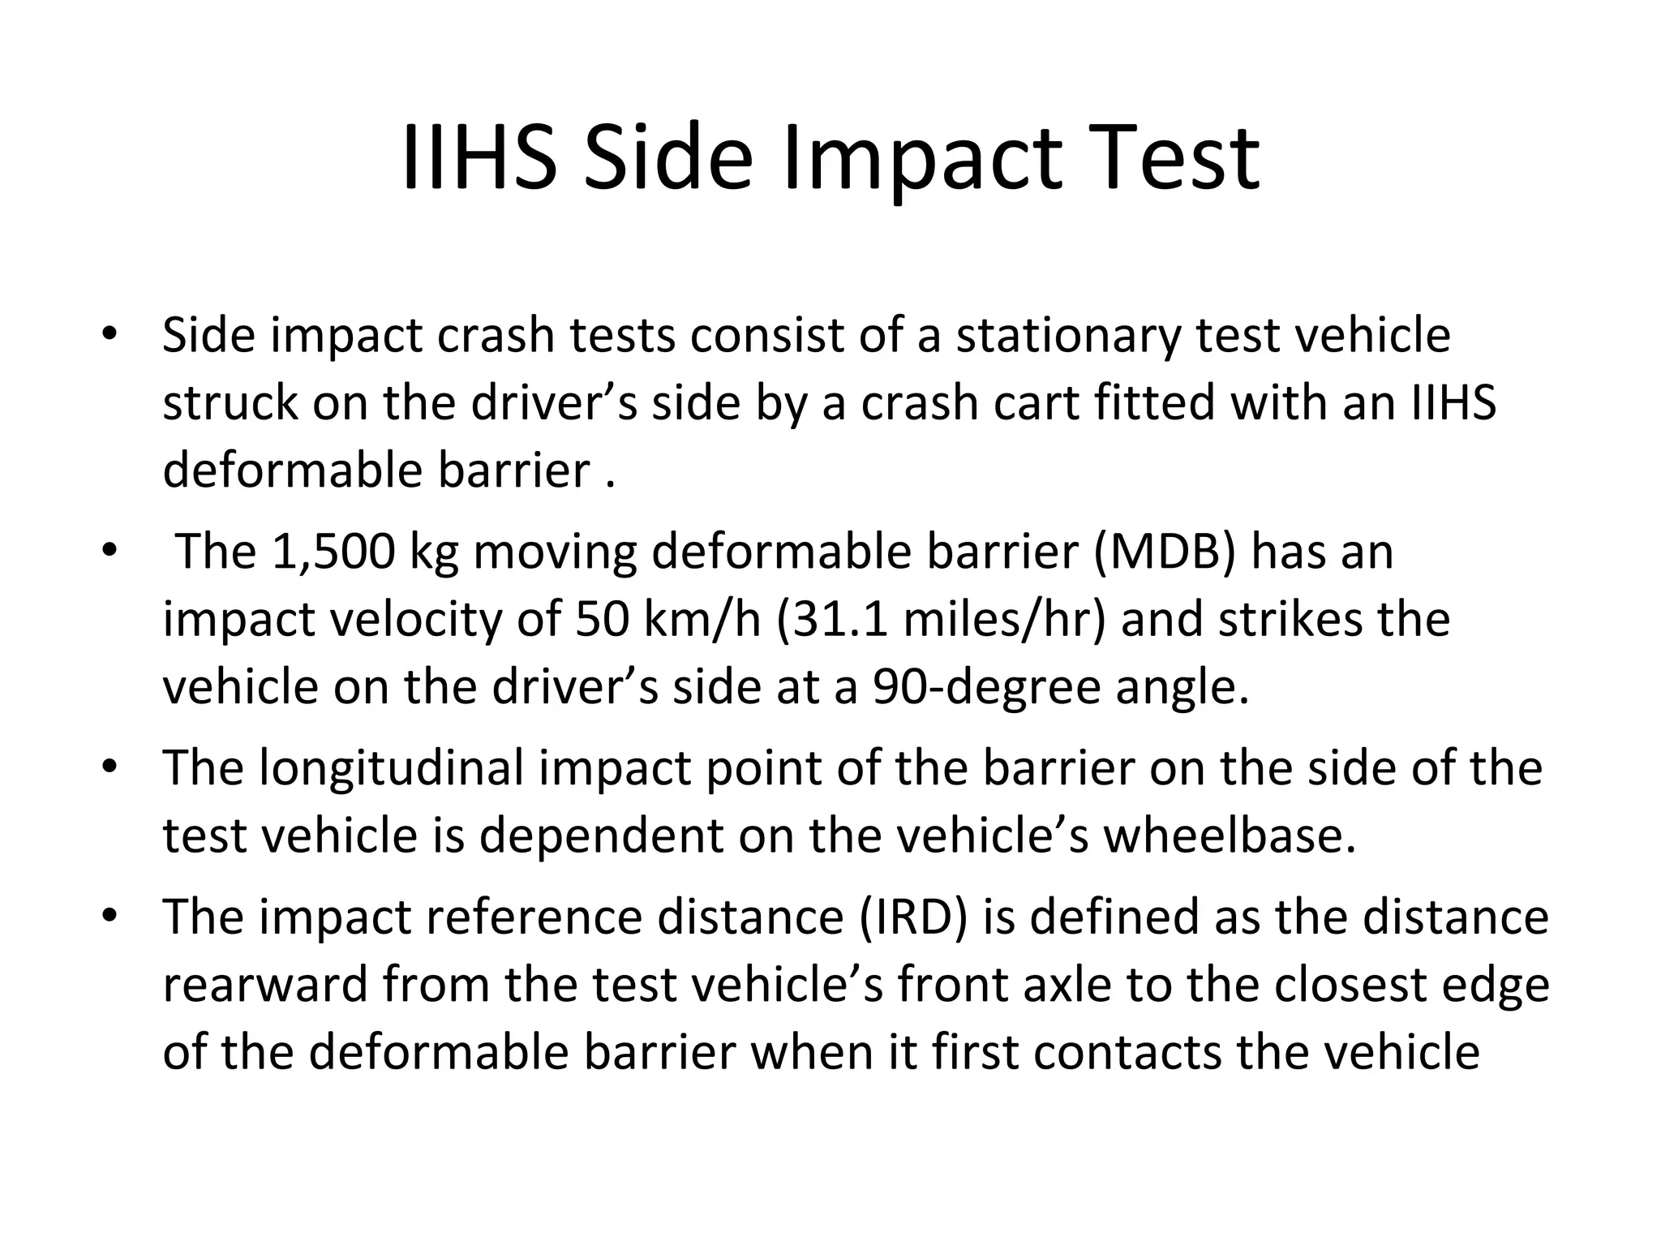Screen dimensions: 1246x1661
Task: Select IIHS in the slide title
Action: pos(479,158)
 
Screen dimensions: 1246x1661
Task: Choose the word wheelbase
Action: pos(1229,836)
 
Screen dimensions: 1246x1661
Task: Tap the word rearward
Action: pos(264,985)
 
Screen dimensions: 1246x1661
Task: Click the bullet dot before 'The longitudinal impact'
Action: pos(110,768)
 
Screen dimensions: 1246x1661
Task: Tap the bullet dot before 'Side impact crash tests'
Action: pos(110,335)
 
